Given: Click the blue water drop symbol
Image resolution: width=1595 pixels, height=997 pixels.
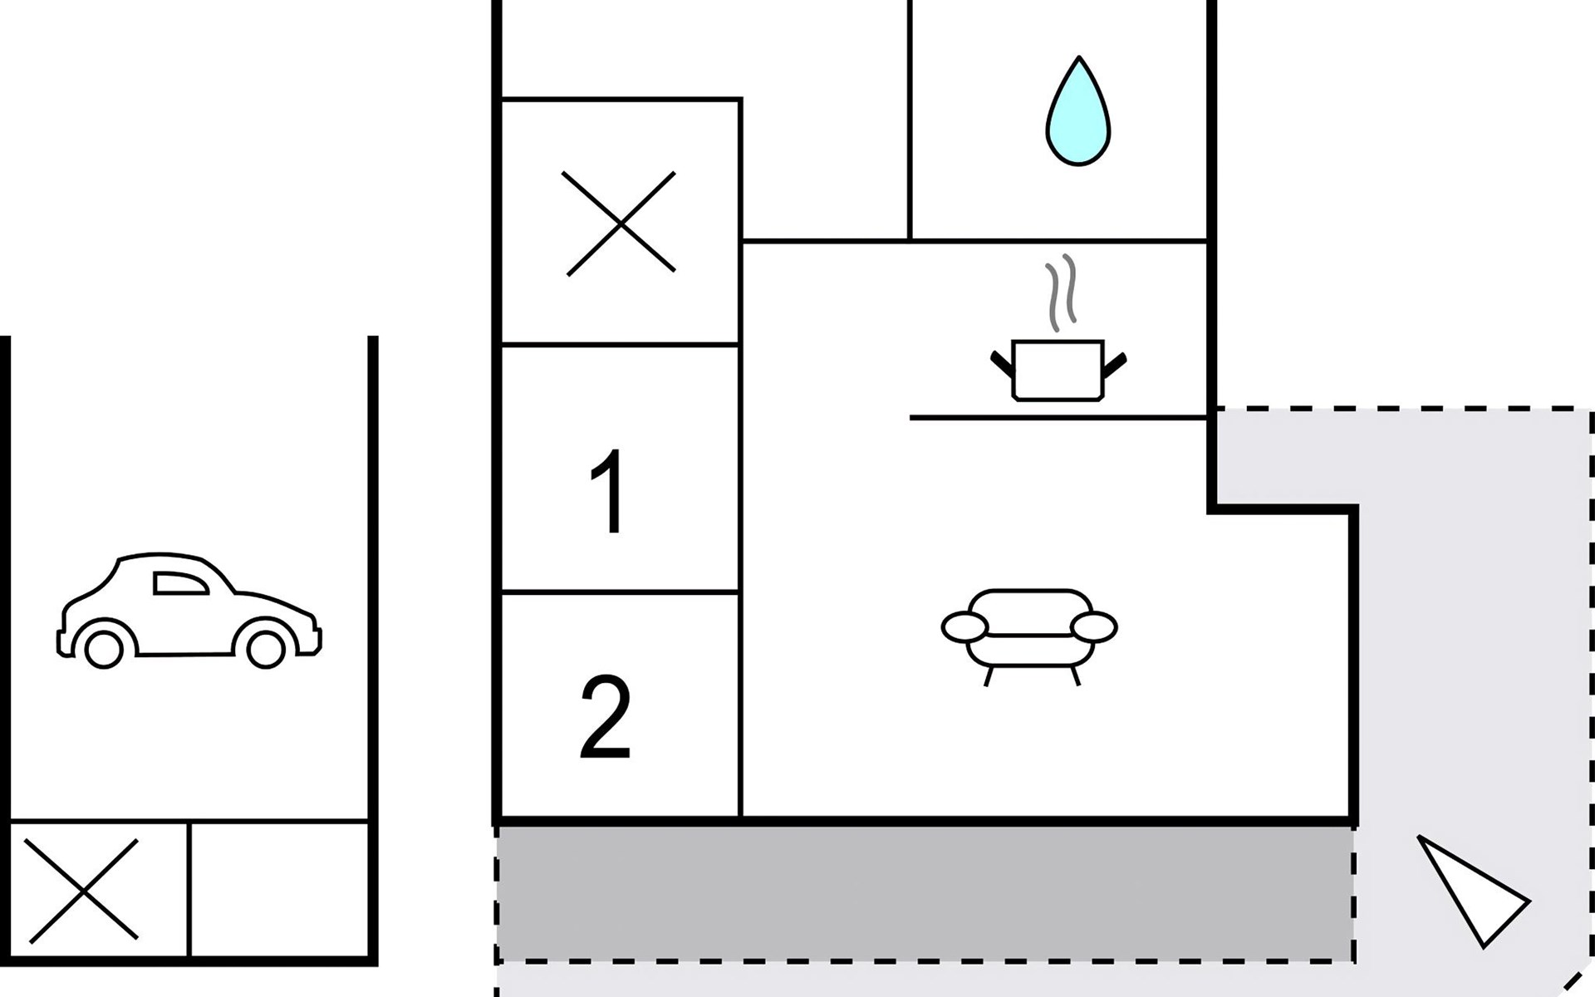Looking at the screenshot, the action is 1077,111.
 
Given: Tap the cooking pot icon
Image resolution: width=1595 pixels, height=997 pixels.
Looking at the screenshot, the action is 1058,370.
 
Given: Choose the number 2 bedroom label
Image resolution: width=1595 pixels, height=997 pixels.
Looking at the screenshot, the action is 606,718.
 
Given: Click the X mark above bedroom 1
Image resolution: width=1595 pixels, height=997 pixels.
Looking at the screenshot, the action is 621,223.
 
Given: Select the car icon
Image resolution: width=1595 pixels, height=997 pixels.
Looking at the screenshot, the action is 189,610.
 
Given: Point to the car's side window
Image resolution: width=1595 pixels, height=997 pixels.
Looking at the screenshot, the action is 180,583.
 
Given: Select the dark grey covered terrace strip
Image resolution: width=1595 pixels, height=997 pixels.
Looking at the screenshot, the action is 925,894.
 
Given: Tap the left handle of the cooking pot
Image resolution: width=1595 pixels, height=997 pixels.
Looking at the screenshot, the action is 1002,365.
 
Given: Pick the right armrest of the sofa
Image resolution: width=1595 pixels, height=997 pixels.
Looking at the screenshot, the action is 1094,626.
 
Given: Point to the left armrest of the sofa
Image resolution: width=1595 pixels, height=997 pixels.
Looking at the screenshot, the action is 964,626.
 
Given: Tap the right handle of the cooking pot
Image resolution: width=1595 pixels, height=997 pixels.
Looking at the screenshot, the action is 1115,365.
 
